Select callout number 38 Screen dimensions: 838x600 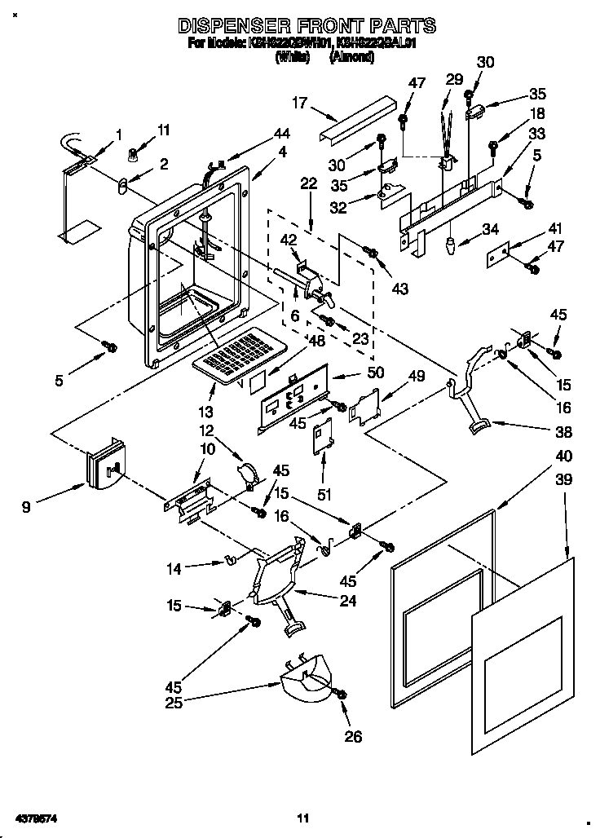pos(562,432)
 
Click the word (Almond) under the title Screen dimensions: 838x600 pos(352,56)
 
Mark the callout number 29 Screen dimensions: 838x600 pos(453,79)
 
